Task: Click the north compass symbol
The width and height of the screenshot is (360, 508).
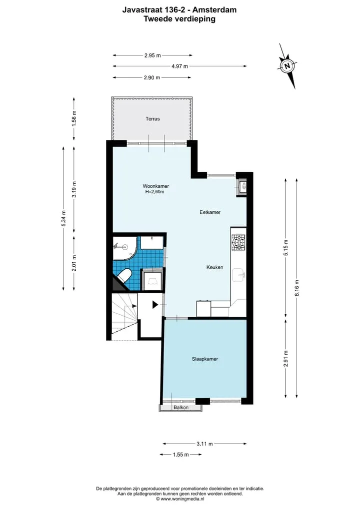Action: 287,66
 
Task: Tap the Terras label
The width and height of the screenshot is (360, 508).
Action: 152,119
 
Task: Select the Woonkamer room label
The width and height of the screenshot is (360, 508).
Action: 155,186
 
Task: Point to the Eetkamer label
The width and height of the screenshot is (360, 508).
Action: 210,212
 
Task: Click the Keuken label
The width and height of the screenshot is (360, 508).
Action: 214,267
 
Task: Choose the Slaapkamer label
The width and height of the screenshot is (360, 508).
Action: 204,359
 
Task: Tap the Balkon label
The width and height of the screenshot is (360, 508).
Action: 181,407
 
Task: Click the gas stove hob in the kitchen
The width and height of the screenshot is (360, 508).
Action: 238,243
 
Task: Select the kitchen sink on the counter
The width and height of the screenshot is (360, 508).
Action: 238,275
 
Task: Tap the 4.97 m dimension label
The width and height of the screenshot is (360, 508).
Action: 179,66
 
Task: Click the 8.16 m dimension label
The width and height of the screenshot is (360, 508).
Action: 297,288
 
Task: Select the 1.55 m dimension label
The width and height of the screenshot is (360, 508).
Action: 180,455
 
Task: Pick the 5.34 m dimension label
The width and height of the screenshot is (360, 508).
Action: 63,218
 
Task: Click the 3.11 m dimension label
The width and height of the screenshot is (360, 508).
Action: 204,444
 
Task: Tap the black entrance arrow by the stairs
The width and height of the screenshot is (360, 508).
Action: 155,305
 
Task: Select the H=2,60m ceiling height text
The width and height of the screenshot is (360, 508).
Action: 154,192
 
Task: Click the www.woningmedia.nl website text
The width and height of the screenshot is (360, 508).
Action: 182,499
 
